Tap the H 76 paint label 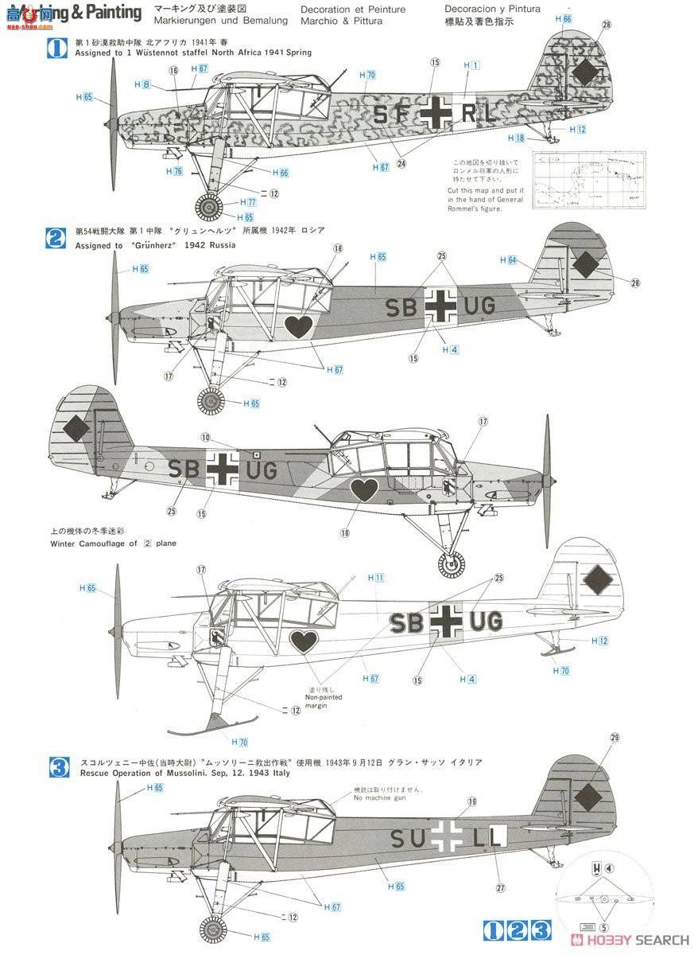[x=174, y=171]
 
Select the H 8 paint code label [x=142, y=84]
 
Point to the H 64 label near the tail [x=508, y=260]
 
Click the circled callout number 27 [x=501, y=889]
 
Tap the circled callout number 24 [x=401, y=165]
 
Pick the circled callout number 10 [x=206, y=437]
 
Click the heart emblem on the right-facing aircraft [x=364, y=489]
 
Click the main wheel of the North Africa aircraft [x=209, y=209]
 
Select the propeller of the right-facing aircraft [x=547, y=477]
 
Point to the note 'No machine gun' [x=378, y=797]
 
